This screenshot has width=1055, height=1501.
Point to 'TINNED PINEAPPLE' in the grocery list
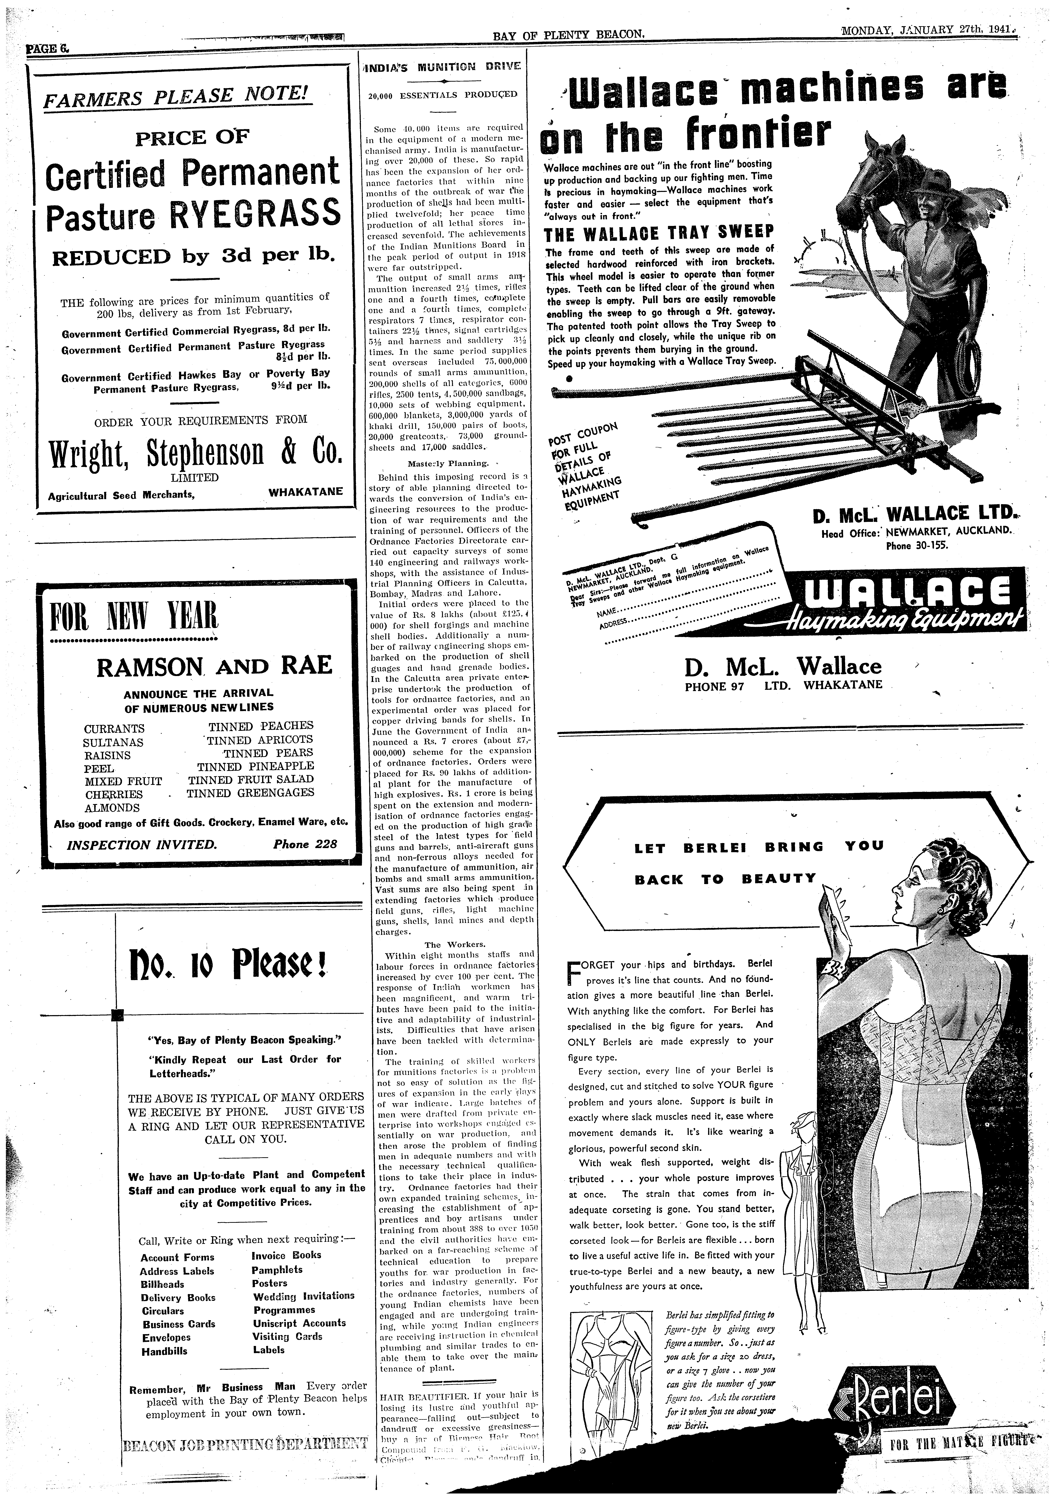point(256,766)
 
